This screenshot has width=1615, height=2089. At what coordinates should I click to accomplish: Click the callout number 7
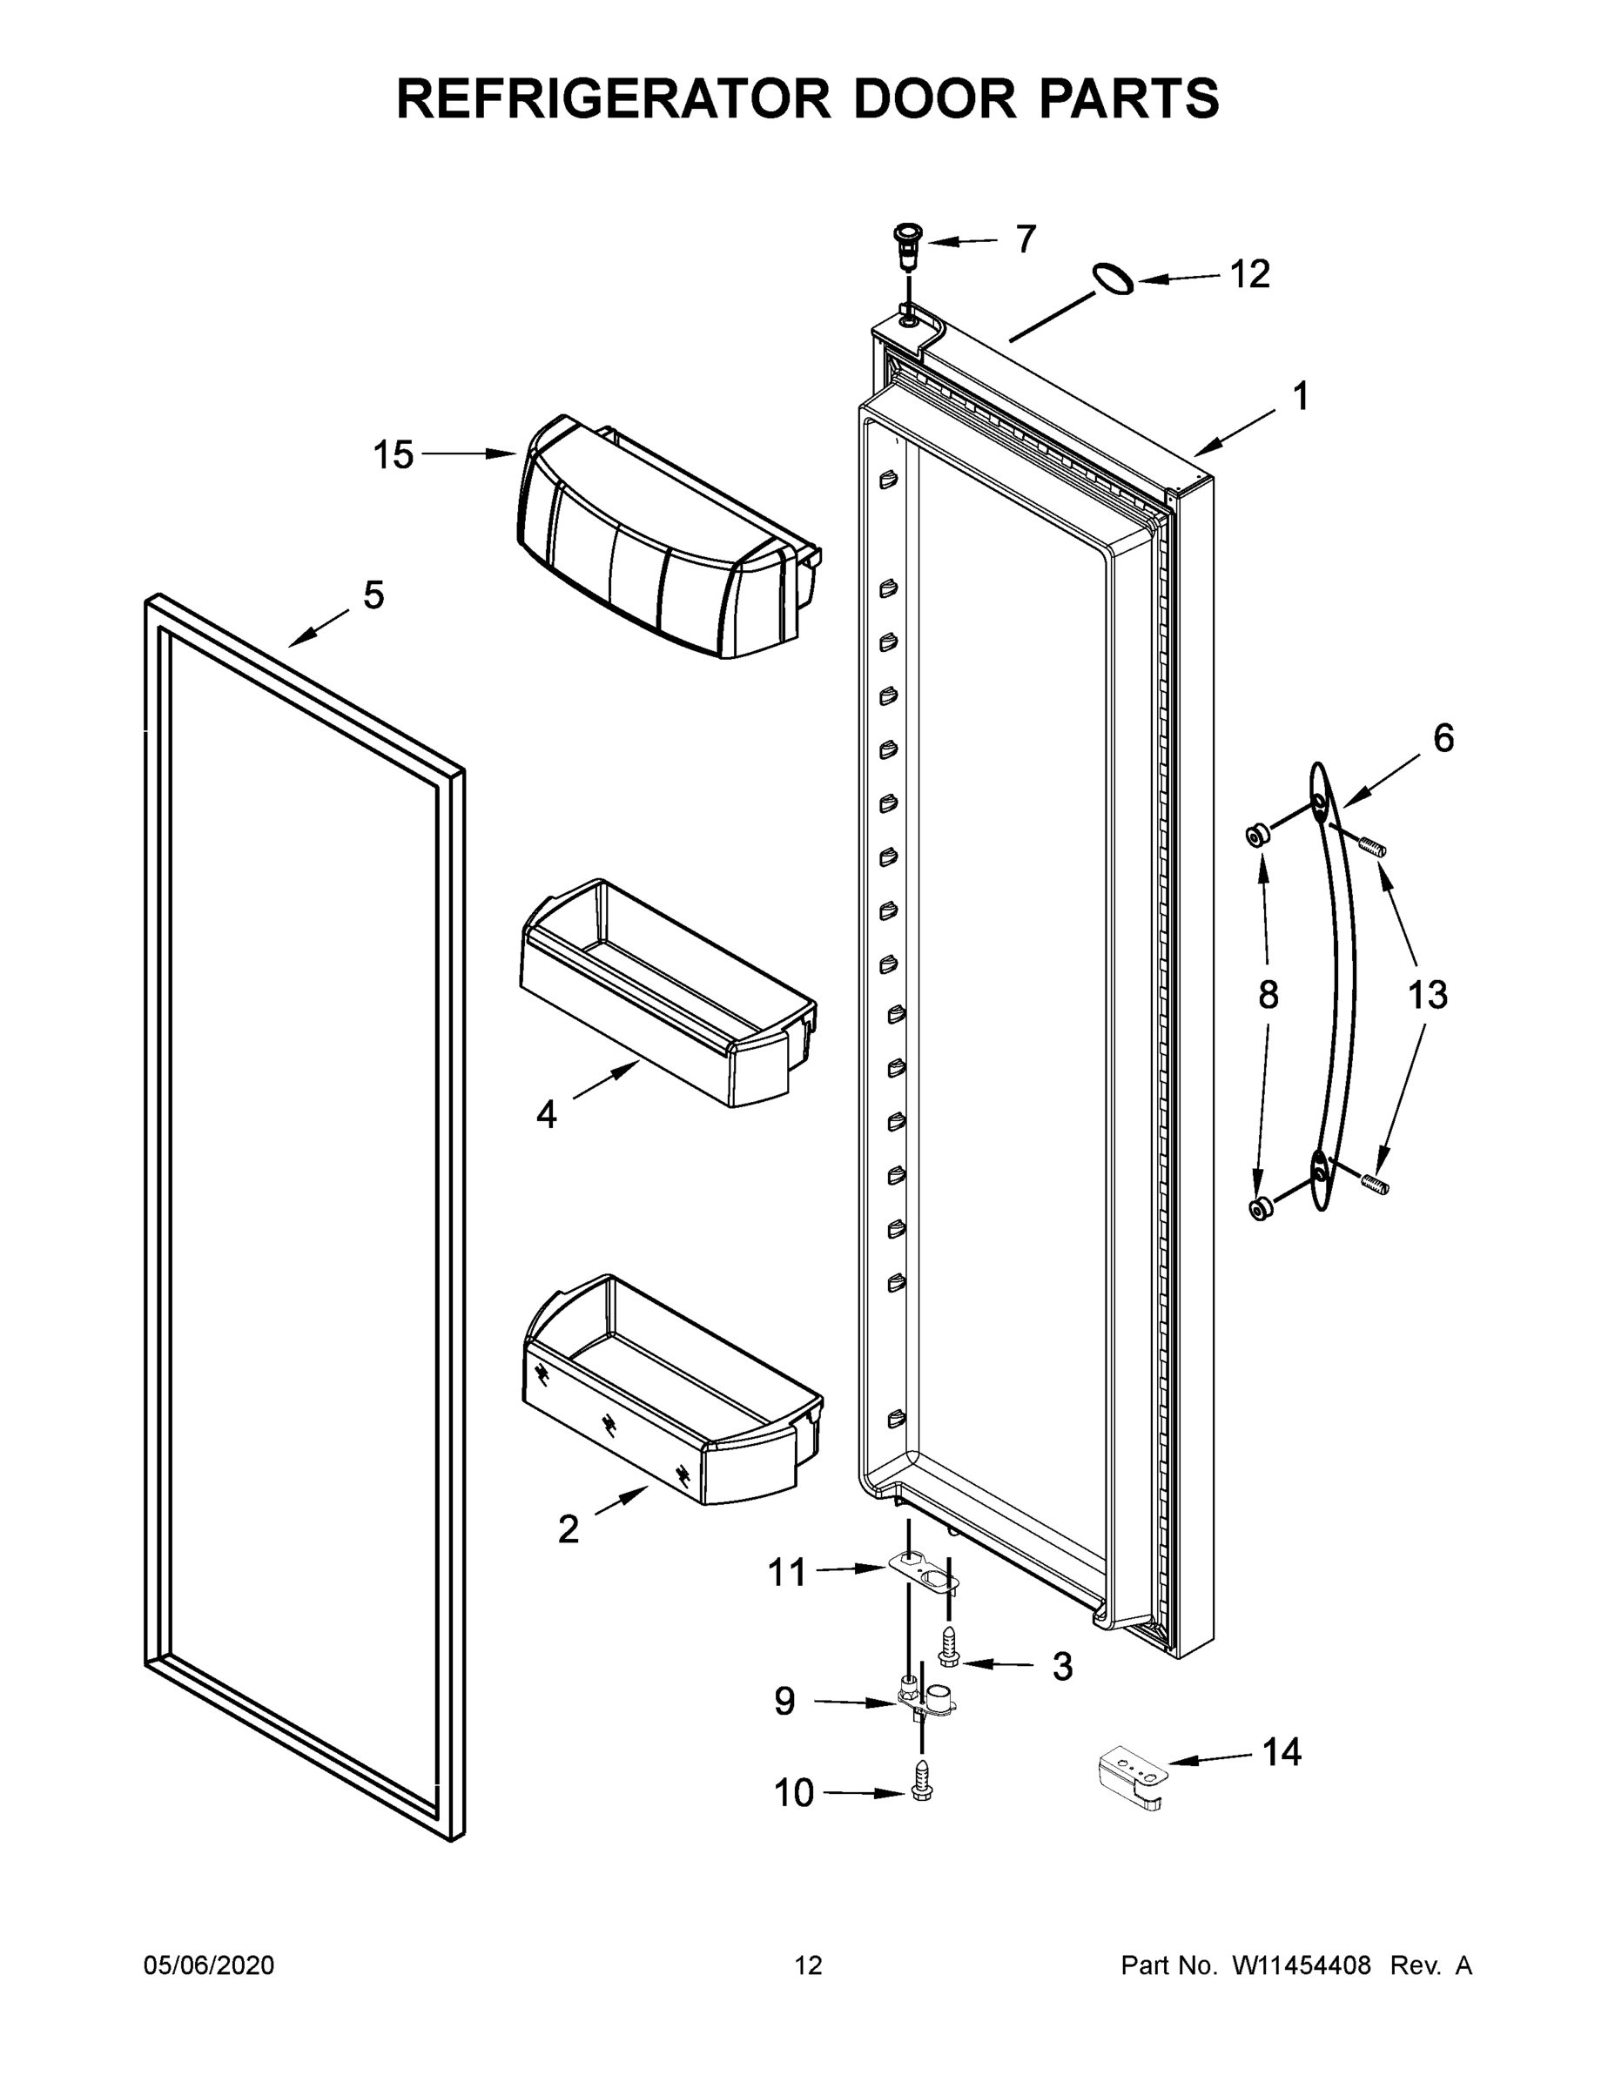click(1026, 239)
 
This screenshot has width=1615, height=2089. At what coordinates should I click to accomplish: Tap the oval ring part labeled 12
click(1114, 280)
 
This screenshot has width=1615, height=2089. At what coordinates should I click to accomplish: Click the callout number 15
click(393, 455)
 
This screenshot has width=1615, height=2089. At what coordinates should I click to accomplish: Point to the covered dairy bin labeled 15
click(660, 545)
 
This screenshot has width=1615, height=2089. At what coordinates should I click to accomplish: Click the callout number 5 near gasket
click(373, 595)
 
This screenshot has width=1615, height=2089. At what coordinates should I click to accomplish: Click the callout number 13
click(1427, 995)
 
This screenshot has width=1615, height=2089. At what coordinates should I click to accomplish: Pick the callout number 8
click(1268, 996)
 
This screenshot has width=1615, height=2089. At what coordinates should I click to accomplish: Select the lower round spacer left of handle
click(1261, 1208)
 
